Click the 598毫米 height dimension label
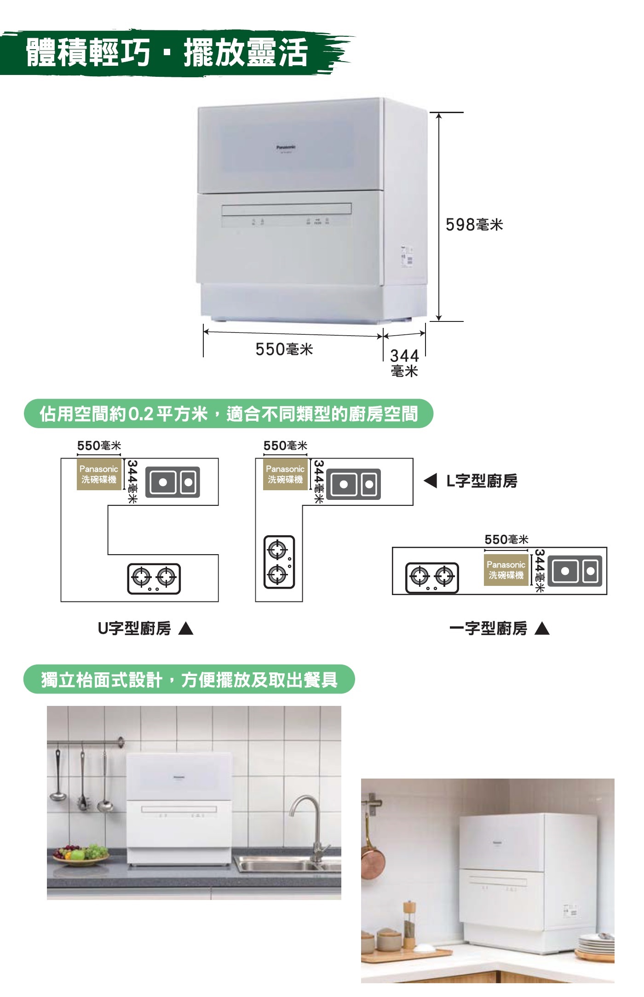point(474,225)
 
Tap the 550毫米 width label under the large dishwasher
point(284,350)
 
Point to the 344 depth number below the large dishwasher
point(404,355)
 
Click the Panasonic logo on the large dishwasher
point(286,147)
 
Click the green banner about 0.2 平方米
point(229,414)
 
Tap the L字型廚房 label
point(482,481)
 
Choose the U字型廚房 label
point(134,628)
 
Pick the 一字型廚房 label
point(488,628)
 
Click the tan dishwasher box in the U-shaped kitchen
point(99,474)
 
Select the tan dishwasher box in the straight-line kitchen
point(506,570)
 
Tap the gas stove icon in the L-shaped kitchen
point(279,562)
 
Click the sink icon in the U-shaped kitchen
point(172,482)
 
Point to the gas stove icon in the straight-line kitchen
point(432,578)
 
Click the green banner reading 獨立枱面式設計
point(189,679)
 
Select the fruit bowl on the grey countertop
point(81,855)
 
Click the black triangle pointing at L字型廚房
point(430,481)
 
